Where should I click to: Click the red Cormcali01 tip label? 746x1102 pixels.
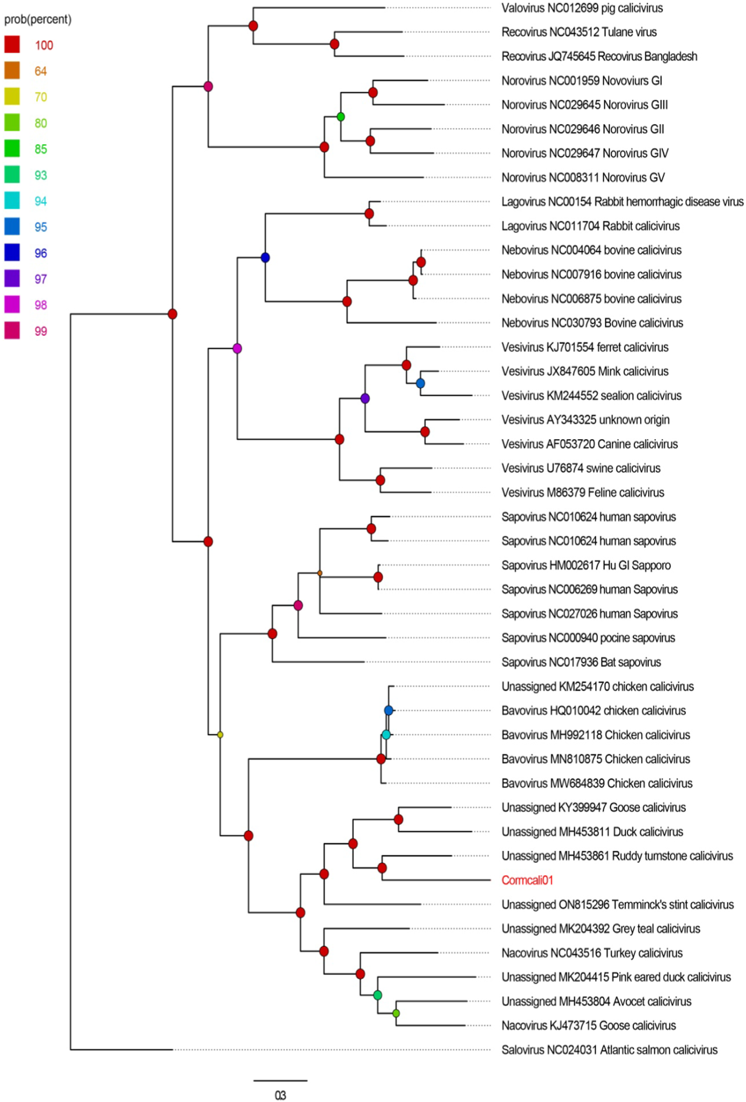tap(527, 880)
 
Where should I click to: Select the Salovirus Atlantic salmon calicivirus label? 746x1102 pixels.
tap(610, 1050)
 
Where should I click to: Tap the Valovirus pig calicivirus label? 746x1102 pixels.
tap(582, 8)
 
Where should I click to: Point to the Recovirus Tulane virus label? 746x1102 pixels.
tap(579, 32)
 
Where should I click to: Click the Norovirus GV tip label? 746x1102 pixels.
tap(583, 177)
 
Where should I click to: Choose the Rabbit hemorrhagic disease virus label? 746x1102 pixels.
tap(622, 202)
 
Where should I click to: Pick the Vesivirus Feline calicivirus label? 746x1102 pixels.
tap(583, 492)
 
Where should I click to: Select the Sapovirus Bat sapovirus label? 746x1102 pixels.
tap(581, 662)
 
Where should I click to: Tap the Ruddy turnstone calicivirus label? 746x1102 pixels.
tap(617, 856)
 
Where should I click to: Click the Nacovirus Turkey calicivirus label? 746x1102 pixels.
tap(592, 953)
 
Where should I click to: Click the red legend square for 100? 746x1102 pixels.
tap(12, 45)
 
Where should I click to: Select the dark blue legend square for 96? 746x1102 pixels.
tap(12, 252)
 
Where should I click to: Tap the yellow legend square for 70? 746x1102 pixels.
tap(12, 97)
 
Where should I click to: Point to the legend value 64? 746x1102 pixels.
tap(41, 71)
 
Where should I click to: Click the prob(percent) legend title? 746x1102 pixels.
tap(38, 19)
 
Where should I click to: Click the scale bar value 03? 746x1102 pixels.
tap(280, 1095)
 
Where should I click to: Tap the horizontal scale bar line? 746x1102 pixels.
tap(280, 1080)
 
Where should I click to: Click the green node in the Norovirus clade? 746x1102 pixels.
tap(341, 117)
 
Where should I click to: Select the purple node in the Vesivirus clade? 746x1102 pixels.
tap(365, 398)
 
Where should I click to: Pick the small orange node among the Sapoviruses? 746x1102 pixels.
tap(320, 573)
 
